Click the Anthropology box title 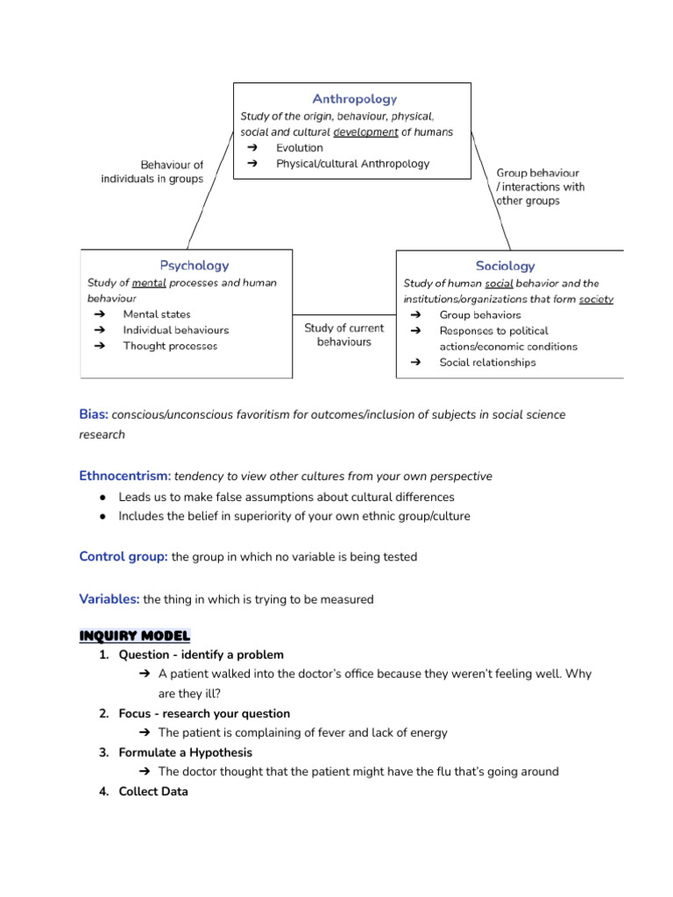coord(354,99)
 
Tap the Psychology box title coord(194,265)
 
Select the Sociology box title coord(505,265)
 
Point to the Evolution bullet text coord(299,148)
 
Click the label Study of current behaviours coord(344,335)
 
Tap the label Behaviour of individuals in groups coord(152,172)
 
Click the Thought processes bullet coord(170,346)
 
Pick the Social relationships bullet coord(487,363)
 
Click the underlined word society coord(596,299)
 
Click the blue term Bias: coord(94,414)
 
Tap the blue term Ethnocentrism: coord(124,476)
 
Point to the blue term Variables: coord(109,599)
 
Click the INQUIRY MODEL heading coord(134,635)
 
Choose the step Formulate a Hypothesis coord(185,752)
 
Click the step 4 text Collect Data coord(153,791)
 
